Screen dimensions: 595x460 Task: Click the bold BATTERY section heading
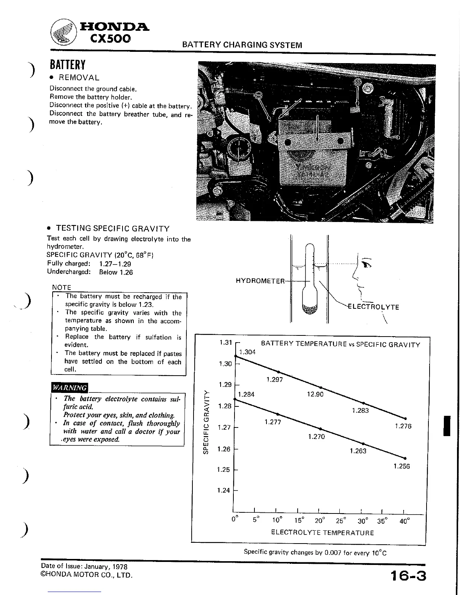coord(68,65)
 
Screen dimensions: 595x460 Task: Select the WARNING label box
coord(70,387)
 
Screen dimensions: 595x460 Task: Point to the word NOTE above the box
coord(62,287)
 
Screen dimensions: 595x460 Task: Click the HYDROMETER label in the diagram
coord(260,281)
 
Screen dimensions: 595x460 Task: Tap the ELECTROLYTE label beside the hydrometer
coord(374,307)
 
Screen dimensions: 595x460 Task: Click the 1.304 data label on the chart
coord(247,352)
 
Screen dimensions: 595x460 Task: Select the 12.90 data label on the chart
coord(315,394)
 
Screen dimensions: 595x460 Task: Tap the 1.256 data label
coord(401,466)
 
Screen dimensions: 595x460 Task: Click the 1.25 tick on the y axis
coord(224,470)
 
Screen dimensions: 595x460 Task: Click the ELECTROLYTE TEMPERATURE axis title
coord(322,532)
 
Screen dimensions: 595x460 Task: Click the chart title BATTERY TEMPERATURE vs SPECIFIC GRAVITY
coord(340,344)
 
